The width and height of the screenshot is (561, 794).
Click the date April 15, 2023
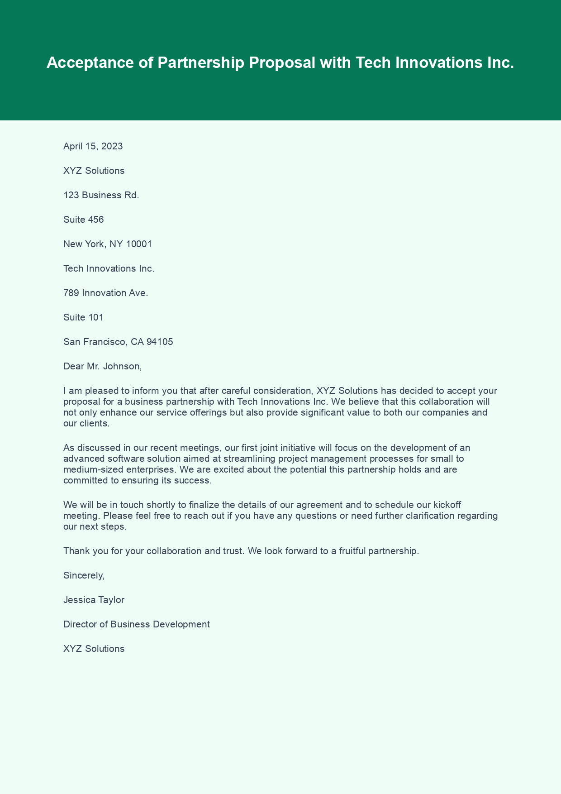93,146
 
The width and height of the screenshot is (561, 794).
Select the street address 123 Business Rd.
101,195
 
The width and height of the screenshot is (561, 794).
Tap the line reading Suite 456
83,220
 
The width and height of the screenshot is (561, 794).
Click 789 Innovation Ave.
105,293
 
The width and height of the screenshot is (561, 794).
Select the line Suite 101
83,317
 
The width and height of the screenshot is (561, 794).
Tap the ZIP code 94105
159,342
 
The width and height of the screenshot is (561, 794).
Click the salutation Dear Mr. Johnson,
102,366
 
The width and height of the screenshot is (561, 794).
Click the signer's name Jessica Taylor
94,600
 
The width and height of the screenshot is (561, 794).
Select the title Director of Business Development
136,624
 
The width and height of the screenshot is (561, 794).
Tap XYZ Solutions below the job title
94,649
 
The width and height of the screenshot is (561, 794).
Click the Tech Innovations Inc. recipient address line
109,268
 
